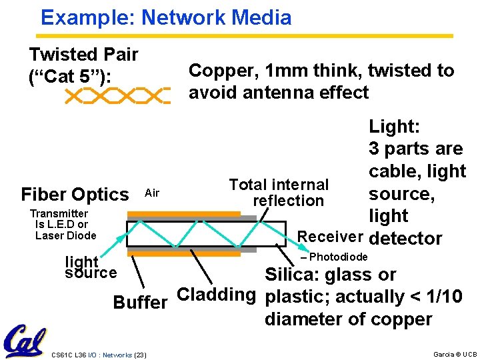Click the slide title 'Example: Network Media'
tap(166, 17)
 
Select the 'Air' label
tap(152, 193)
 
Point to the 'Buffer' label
tap(140, 303)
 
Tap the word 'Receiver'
tap(330, 236)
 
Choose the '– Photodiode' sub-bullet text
tap(334, 257)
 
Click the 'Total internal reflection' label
tap(279, 193)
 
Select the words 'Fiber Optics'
tap(75, 195)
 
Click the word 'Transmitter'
tap(59, 213)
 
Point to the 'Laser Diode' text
tap(66, 235)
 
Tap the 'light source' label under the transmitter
tap(90, 267)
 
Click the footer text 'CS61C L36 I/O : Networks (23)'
tap(99, 354)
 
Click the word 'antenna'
tap(267, 92)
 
